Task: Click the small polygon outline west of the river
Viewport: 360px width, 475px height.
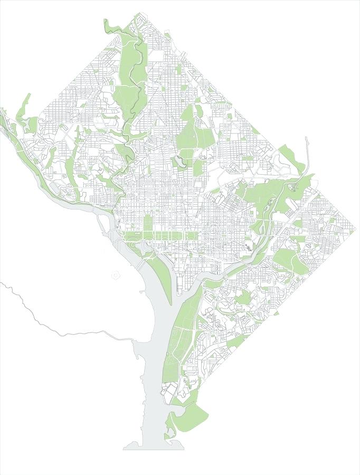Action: (x=116, y=275)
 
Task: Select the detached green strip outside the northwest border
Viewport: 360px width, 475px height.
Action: (x=24, y=108)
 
